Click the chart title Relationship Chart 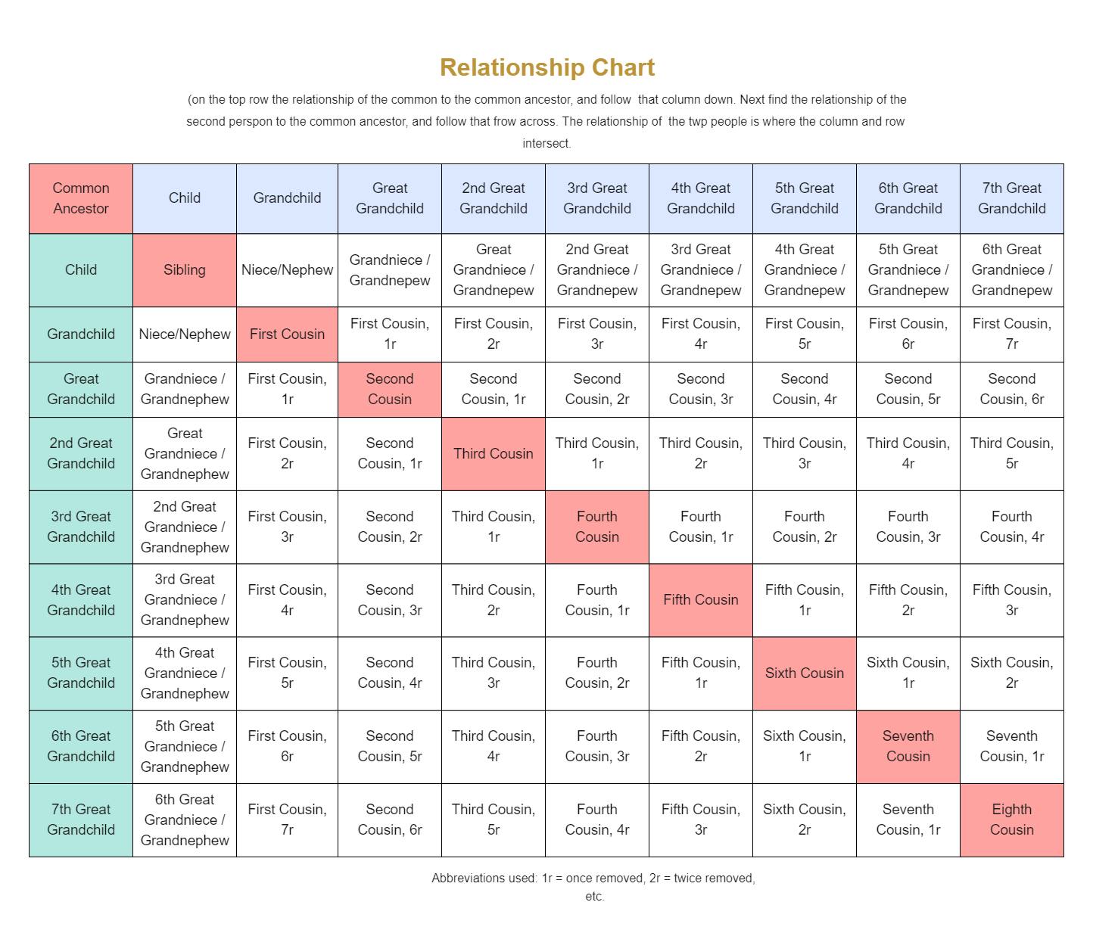(x=546, y=67)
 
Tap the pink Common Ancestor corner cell (x=81, y=198)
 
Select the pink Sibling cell (x=184, y=270)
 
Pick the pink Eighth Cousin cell (x=1011, y=820)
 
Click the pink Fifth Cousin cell (x=700, y=600)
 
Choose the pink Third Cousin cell (x=493, y=454)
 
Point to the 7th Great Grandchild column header (x=1011, y=198)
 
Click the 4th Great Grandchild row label (x=81, y=600)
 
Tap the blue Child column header (x=184, y=198)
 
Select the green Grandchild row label (x=81, y=334)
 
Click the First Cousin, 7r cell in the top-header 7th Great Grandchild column (x=1011, y=334)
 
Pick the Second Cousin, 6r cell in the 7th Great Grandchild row (x=389, y=820)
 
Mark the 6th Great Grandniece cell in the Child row (x=1011, y=270)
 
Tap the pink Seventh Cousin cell (x=908, y=746)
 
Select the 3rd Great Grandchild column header (x=596, y=198)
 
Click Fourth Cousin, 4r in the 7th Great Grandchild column (x=1011, y=527)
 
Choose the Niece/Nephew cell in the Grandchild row (x=184, y=334)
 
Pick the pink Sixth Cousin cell (x=804, y=673)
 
